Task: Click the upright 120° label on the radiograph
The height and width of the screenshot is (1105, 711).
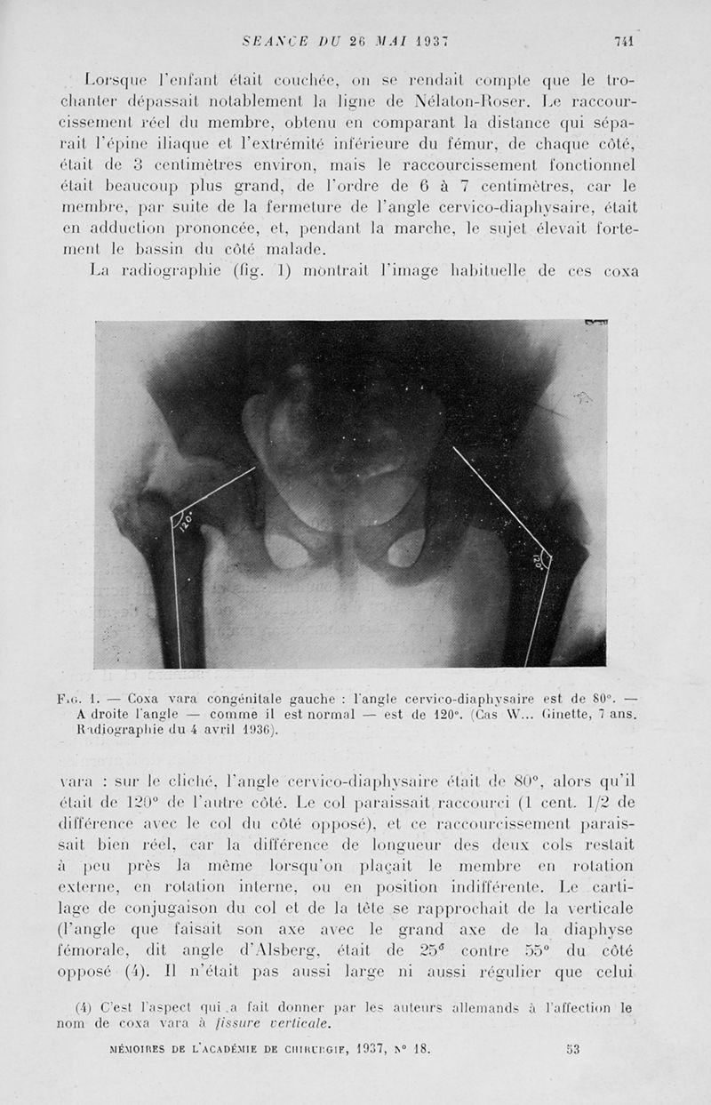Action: pos(186,521)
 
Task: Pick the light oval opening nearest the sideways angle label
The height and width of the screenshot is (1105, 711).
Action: pos(406,549)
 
